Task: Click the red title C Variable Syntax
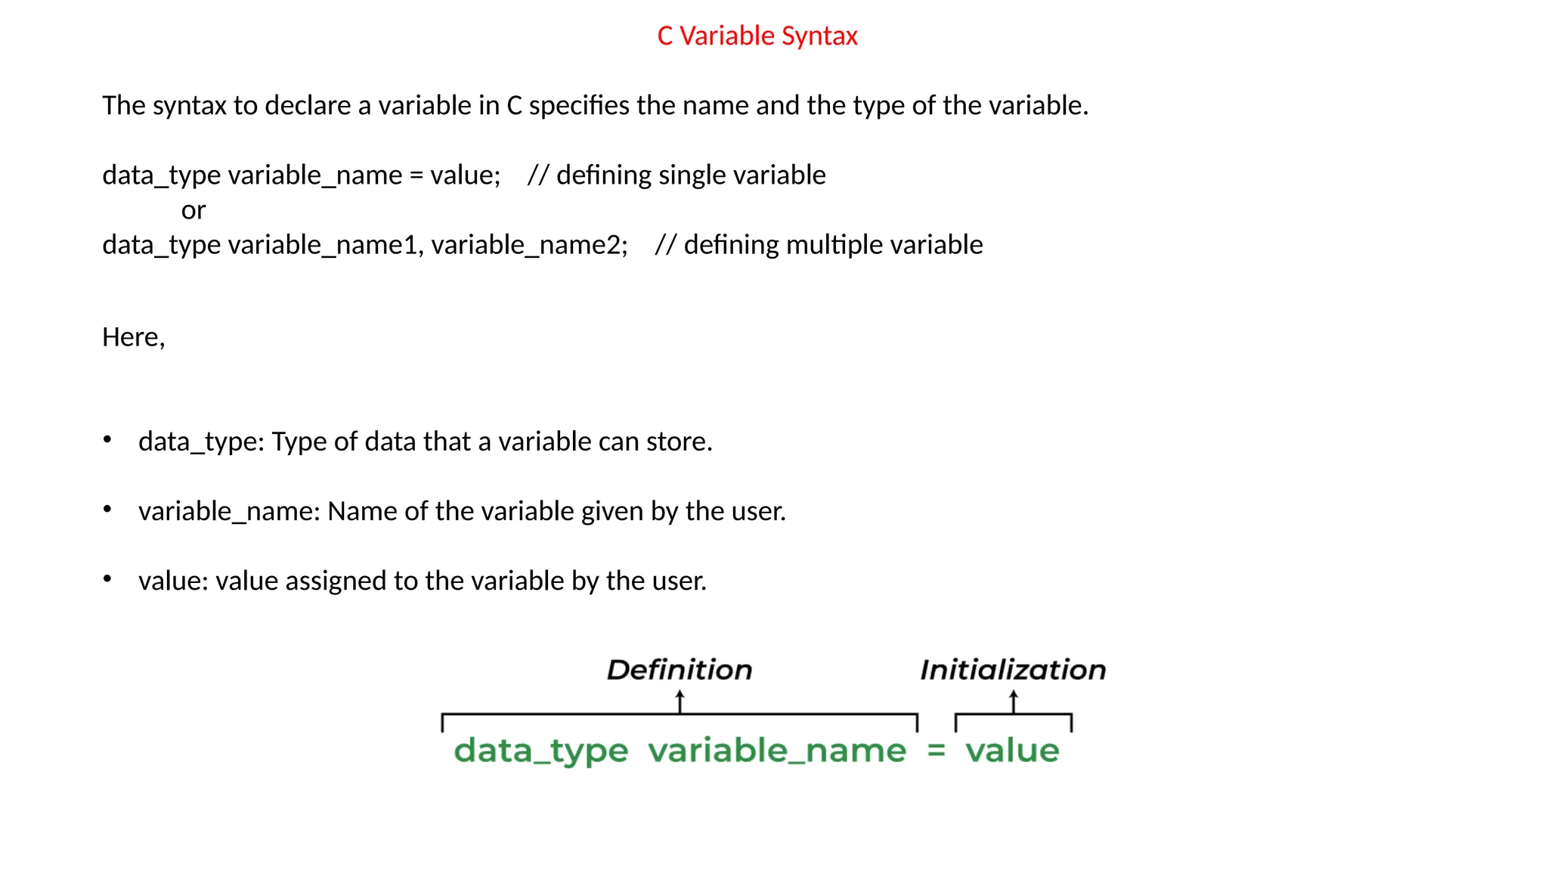(757, 36)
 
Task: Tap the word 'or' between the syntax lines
(193, 210)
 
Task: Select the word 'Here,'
(134, 337)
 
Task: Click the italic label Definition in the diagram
(680, 670)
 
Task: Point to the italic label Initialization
(1013, 670)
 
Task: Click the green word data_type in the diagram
(540, 751)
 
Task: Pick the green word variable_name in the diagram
(777, 751)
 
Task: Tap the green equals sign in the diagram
(937, 751)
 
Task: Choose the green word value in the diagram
(1012, 751)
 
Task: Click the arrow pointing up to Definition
(680, 701)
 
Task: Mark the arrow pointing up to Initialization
(1014, 701)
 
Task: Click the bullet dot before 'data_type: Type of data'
(107, 439)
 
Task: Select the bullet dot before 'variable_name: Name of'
(107, 509)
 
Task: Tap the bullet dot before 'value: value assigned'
(107, 579)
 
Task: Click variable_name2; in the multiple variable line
(529, 245)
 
